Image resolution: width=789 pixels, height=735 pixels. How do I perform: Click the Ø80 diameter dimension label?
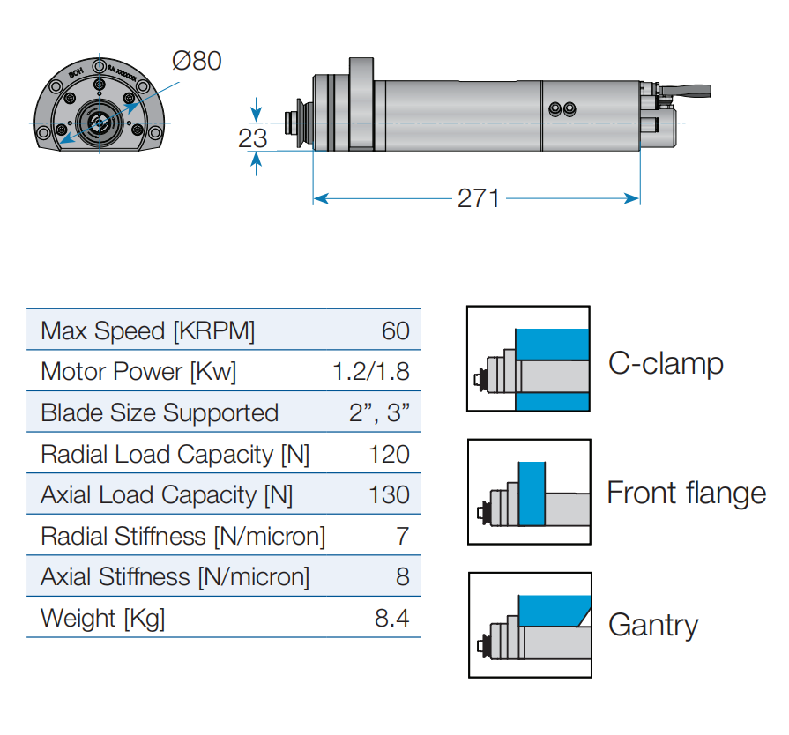[x=197, y=61]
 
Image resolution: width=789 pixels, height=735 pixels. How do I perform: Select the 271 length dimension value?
[x=478, y=198]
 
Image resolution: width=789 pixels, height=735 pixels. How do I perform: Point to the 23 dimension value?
[x=253, y=137]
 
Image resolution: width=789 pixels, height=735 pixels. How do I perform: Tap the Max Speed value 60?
[x=396, y=330]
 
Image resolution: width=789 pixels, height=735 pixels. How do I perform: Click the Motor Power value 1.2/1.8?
[x=371, y=371]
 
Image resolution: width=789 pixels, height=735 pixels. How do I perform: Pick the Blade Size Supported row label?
[x=160, y=412]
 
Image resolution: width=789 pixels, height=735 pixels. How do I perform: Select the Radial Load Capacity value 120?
[x=389, y=454]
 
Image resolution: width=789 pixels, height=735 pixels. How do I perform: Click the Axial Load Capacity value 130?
[x=389, y=494]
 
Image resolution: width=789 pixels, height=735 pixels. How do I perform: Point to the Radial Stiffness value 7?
[x=403, y=536]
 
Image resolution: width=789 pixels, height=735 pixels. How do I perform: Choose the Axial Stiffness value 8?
[x=403, y=576]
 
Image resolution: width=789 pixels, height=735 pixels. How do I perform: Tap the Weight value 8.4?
[x=392, y=618]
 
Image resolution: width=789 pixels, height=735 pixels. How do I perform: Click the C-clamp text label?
[x=666, y=363]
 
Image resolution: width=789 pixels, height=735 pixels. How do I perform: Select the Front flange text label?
[x=686, y=493]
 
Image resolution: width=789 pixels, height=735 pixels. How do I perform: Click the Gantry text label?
[x=652, y=626]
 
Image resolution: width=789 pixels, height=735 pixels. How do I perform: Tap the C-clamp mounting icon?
[x=528, y=359]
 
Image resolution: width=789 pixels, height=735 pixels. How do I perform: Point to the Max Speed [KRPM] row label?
[x=147, y=330]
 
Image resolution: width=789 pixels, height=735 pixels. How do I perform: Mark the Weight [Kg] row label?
[x=102, y=618]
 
